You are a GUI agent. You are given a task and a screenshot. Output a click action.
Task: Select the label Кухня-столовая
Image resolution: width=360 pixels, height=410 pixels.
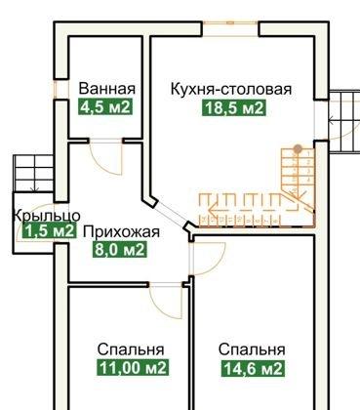(230, 89)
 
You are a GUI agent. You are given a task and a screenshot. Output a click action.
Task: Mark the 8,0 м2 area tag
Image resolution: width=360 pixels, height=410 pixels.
(120, 250)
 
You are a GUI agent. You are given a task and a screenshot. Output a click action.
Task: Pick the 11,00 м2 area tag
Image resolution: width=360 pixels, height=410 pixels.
(131, 368)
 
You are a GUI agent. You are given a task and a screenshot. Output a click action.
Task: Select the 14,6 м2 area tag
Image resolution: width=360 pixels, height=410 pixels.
(251, 368)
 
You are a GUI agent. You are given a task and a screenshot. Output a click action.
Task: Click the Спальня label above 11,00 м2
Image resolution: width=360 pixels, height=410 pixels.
(131, 348)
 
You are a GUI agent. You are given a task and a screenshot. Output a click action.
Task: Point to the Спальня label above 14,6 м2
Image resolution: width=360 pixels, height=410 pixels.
(252, 348)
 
